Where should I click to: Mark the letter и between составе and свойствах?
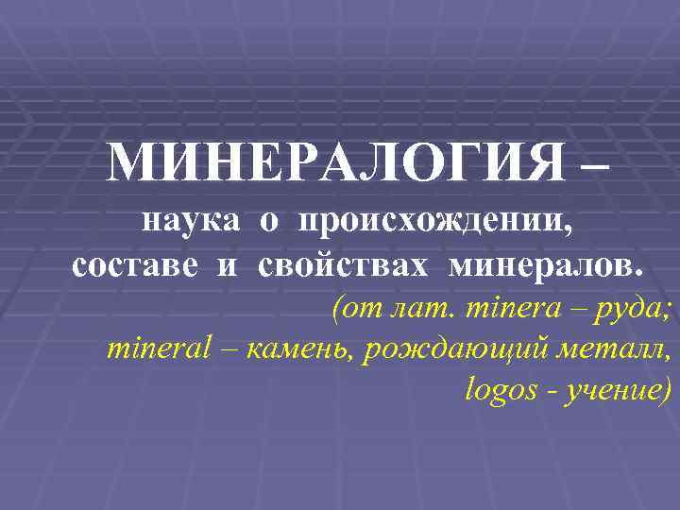point(227,267)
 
